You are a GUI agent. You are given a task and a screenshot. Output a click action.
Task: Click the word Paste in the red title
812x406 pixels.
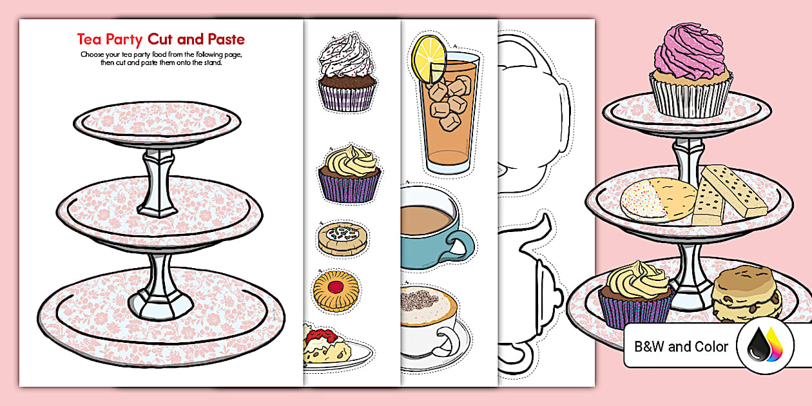tap(222, 39)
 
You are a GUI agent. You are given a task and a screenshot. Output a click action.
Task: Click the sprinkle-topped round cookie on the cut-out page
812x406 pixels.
tap(342, 237)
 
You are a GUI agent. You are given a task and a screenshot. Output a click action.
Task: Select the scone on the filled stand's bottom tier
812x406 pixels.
tap(747, 294)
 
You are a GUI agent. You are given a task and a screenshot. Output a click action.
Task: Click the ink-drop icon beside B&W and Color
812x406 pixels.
tap(766, 347)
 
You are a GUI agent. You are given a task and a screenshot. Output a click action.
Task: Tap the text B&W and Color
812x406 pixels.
tap(681, 347)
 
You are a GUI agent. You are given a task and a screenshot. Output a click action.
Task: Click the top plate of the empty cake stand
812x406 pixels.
tap(157, 122)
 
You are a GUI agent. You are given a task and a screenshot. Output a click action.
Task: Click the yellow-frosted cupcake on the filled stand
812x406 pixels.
tap(637, 293)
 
